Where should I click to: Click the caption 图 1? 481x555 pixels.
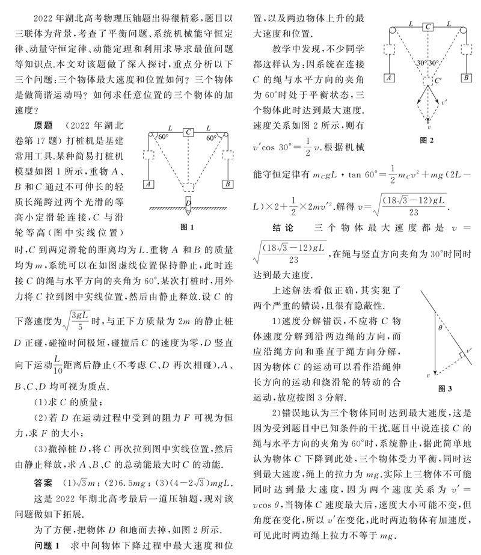point(187,227)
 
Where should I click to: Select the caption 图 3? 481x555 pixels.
point(446,389)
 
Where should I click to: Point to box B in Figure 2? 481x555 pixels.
point(466,78)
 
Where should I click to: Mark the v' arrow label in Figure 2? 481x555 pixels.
point(444,103)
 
